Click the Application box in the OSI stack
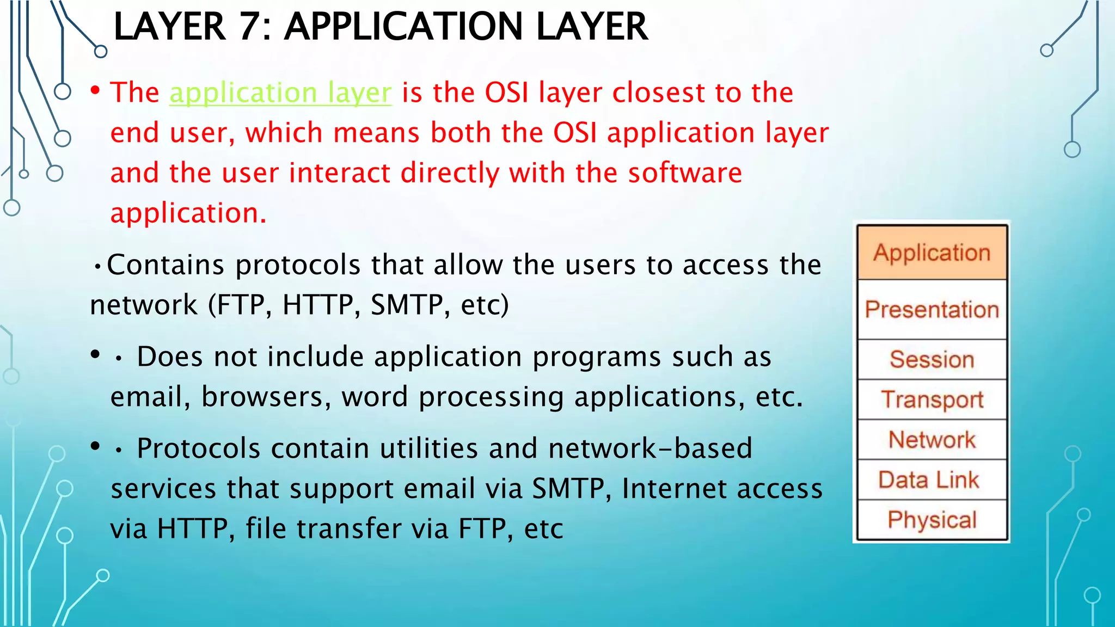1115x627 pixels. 932,253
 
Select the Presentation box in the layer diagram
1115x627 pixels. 932,310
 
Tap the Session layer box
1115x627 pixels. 932,359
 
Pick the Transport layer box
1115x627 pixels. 932,399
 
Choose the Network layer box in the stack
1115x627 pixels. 932,440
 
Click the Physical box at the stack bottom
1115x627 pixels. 932,520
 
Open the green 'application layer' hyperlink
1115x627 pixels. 280,93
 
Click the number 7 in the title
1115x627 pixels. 250,27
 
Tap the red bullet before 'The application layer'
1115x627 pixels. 96,90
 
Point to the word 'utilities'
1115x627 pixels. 429,448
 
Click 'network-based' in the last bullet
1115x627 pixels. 650,448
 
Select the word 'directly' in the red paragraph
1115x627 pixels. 450,173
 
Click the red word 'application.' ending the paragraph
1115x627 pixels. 188,213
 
